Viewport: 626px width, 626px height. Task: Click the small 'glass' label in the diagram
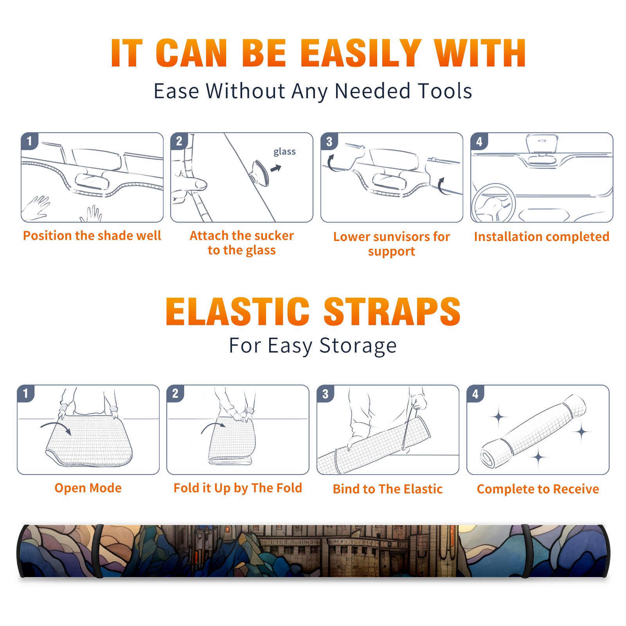pyautogui.click(x=284, y=152)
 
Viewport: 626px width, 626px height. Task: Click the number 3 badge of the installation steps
pyautogui.click(x=329, y=141)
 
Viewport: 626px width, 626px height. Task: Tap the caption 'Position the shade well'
pyautogui.click(x=92, y=236)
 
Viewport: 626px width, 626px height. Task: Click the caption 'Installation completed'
pyautogui.click(x=541, y=237)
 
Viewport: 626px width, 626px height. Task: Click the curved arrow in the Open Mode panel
pyautogui.click(x=56, y=428)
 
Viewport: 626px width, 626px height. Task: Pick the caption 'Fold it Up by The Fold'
pyautogui.click(x=238, y=488)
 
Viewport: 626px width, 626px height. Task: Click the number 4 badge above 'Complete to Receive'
pyautogui.click(x=475, y=394)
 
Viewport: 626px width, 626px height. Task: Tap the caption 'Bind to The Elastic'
pyautogui.click(x=388, y=489)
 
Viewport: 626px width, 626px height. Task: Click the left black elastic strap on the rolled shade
pyautogui.click(x=98, y=551)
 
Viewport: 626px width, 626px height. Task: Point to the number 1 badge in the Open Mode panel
pyautogui.click(x=26, y=394)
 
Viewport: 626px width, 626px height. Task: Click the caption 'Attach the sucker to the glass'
pyautogui.click(x=242, y=243)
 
